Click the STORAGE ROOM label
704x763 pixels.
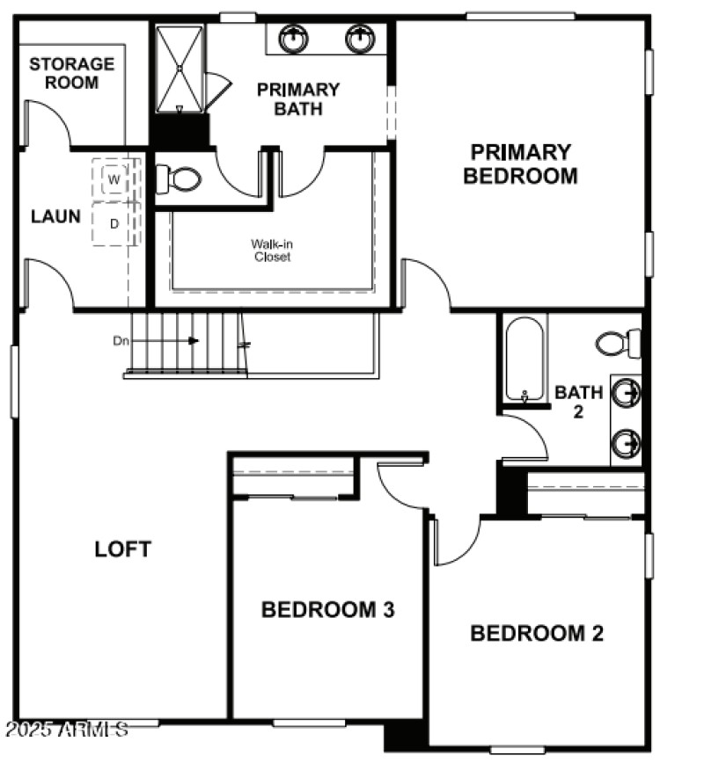click(71, 73)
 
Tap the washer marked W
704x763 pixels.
click(114, 179)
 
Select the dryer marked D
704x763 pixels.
click(114, 224)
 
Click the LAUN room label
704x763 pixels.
click(55, 216)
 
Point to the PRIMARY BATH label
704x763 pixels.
click(297, 98)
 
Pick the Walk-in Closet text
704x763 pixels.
click(271, 251)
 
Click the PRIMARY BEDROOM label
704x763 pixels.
click(520, 163)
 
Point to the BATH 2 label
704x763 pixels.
click(578, 401)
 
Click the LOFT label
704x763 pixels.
click(123, 549)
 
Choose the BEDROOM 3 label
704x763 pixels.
click(327, 609)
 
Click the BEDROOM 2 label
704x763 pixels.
click(537, 633)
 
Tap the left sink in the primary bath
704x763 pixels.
click(293, 38)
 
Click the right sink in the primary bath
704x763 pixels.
click(359, 38)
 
